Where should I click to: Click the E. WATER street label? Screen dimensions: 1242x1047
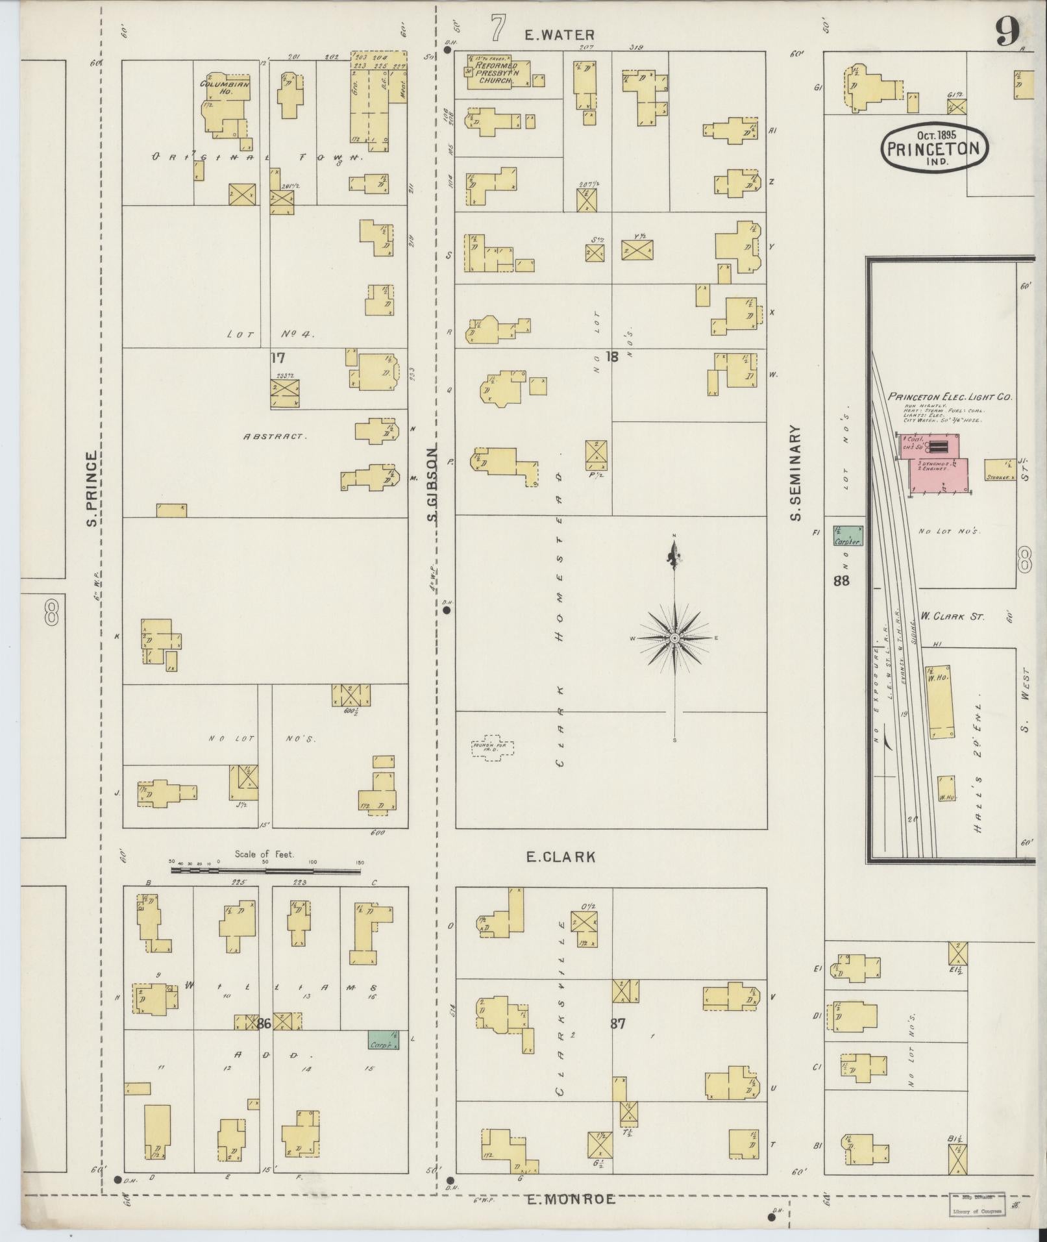coord(560,36)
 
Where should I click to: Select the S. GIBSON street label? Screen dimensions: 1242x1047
coord(433,484)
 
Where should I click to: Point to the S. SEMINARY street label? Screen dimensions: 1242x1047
coord(796,473)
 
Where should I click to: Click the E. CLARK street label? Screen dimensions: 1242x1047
coord(560,857)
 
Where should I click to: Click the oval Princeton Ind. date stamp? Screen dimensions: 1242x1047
coord(934,147)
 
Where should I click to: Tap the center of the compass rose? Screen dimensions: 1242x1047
coord(675,639)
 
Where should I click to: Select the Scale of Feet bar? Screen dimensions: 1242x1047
coord(266,869)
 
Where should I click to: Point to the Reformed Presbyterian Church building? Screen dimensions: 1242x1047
coord(497,71)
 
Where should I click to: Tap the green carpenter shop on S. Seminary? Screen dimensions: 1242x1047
coord(848,536)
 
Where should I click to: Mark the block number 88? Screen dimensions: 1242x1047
coord(841,581)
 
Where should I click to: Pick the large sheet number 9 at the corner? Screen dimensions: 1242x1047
coord(1007,31)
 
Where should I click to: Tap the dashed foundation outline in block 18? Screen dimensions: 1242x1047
coord(493,749)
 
